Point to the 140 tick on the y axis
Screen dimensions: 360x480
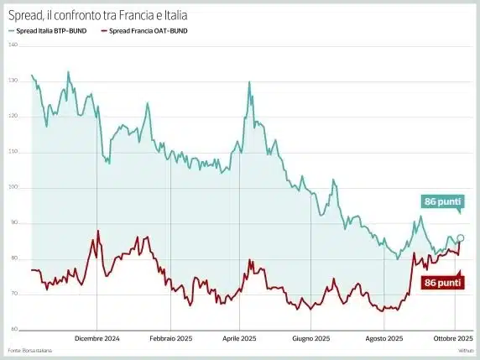coord(13,44)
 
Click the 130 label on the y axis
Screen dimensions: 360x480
coord(13,81)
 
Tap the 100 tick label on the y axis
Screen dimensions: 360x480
coord(13,187)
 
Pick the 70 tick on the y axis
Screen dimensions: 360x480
coord(13,294)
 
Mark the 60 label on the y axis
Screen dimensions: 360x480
coord(13,329)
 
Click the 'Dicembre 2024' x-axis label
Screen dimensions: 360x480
coord(97,339)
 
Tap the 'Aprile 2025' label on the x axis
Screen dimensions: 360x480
coord(238,339)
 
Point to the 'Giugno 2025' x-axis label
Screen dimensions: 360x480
coord(310,339)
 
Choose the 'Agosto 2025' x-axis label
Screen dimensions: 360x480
coord(385,339)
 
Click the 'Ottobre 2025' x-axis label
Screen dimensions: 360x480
coord(453,339)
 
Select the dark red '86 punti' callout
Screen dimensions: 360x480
coord(441,283)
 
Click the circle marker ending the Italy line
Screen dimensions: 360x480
coord(461,237)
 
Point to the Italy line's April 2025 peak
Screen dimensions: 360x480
coord(249,82)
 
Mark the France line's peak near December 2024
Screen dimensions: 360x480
coord(98,231)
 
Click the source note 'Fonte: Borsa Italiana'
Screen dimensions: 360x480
coord(26,350)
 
